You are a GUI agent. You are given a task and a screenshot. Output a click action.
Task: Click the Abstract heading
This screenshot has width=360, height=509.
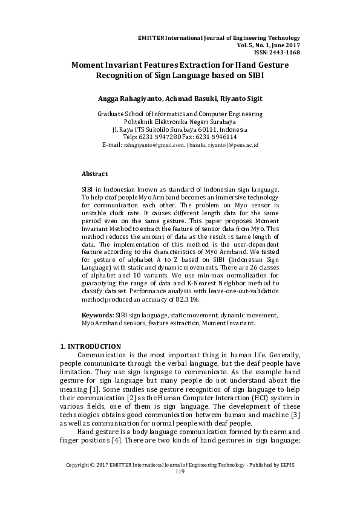coord(94,173)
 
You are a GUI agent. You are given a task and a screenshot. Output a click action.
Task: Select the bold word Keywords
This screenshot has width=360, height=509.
coord(97,316)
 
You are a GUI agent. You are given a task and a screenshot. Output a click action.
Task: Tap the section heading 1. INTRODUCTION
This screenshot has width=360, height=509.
coord(90,346)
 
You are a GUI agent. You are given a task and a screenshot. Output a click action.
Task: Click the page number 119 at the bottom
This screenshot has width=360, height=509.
coord(180,488)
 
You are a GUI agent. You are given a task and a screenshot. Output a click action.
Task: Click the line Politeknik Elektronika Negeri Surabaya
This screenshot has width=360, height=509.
coord(180,122)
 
